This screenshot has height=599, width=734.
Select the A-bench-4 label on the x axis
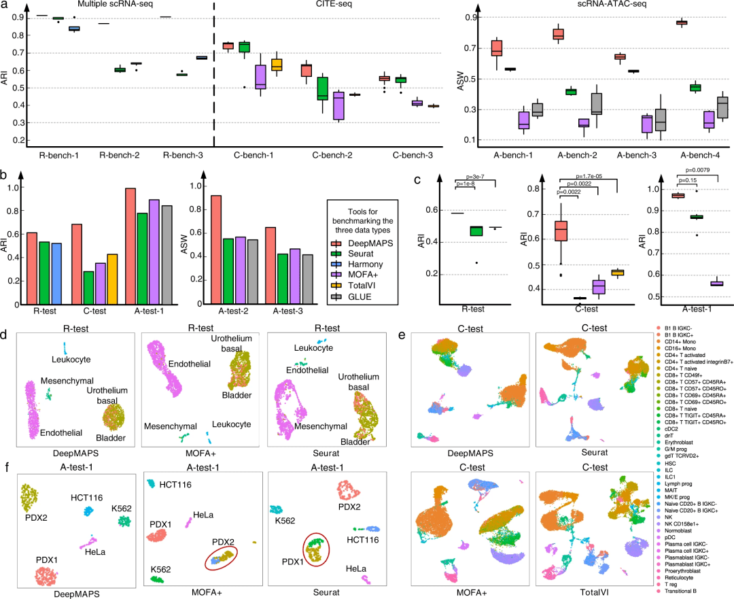[x=698, y=155]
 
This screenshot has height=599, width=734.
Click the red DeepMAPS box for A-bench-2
[x=558, y=34]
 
